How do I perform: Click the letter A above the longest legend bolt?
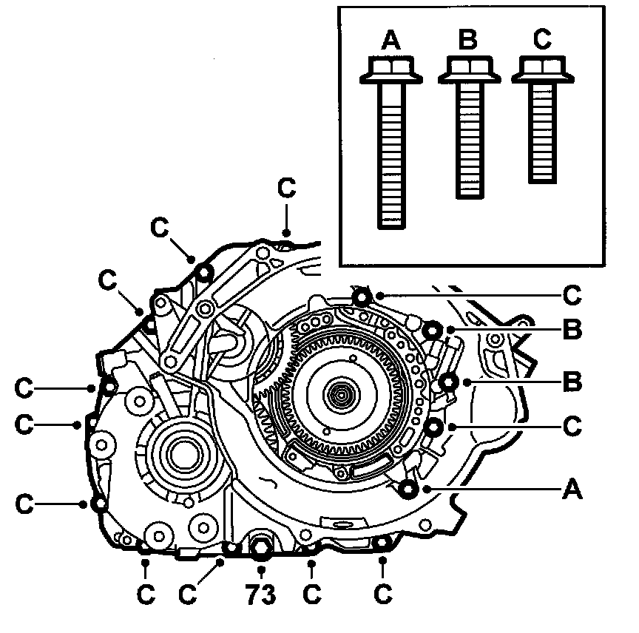(391, 40)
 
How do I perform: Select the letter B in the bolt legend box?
(467, 40)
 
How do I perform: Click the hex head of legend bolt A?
(390, 70)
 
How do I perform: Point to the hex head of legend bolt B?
(467, 70)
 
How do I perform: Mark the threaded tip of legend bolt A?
(390, 220)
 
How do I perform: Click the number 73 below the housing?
(260, 593)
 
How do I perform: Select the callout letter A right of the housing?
(571, 489)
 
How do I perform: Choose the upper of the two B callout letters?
(571, 329)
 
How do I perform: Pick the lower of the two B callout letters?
(571, 383)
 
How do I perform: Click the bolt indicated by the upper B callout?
(433, 330)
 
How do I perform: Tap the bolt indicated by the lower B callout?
(448, 382)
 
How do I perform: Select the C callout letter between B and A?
(571, 427)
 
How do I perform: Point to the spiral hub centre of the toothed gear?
(344, 391)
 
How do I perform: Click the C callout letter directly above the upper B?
(571, 295)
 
